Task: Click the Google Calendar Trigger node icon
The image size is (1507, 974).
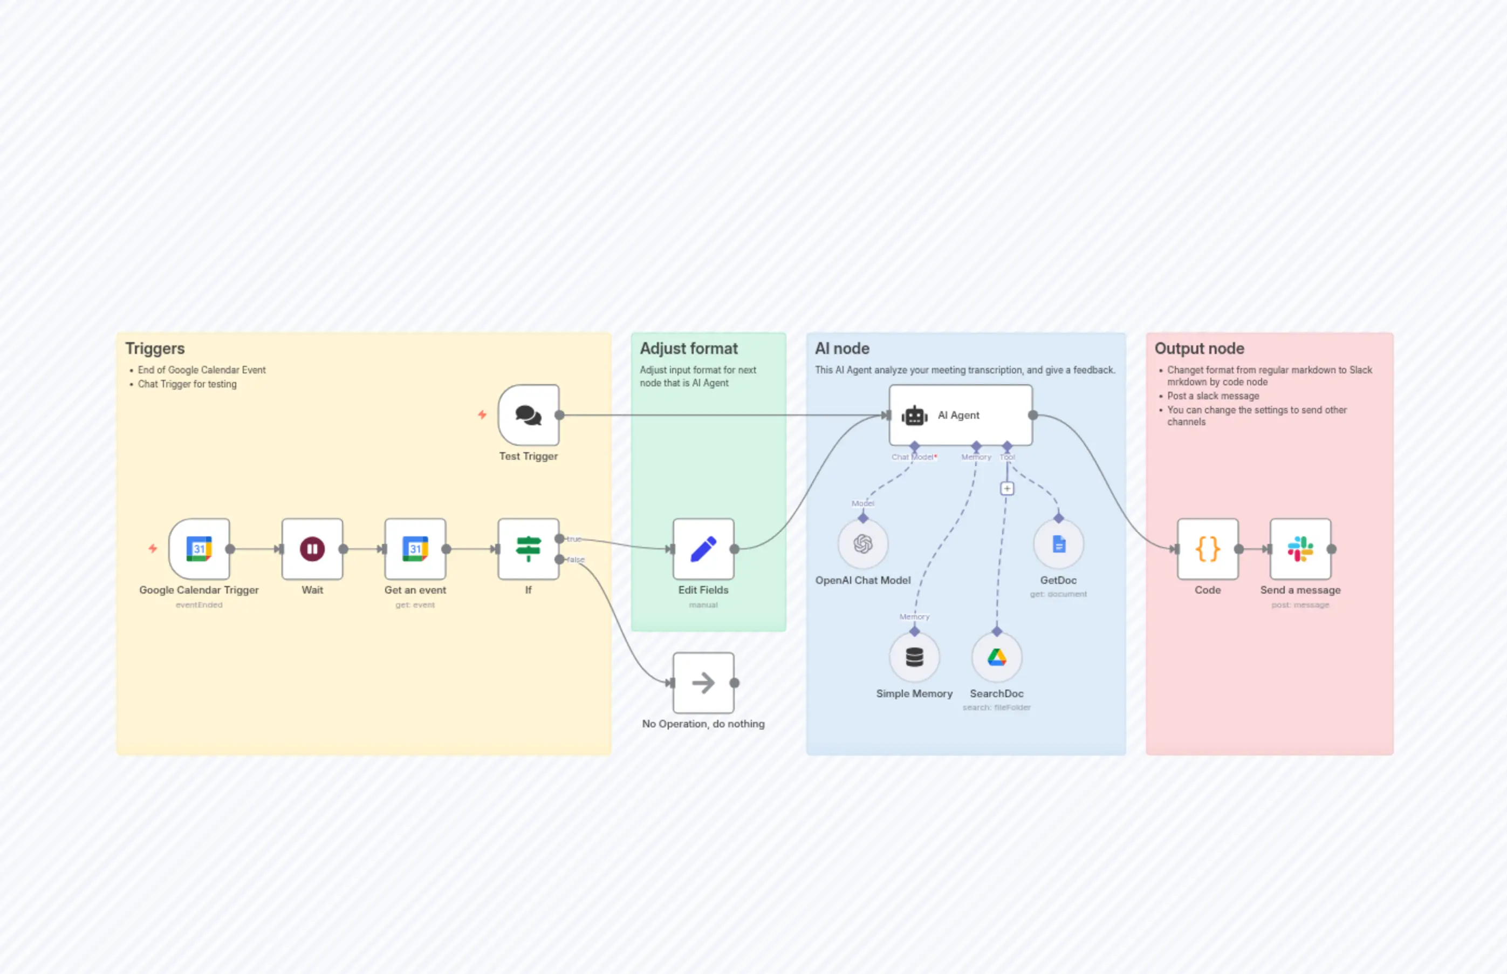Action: click(199, 548)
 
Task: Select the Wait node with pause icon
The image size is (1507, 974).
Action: click(312, 548)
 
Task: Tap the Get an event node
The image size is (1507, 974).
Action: click(415, 548)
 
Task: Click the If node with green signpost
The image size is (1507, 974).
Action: click(529, 548)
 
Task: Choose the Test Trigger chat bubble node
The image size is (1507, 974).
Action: click(529, 415)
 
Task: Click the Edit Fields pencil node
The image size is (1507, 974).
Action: click(703, 548)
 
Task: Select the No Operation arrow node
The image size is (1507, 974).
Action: click(703, 683)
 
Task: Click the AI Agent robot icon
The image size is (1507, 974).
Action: click(914, 416)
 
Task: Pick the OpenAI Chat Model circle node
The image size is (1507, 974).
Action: click(863, 544)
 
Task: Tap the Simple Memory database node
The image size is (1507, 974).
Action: click(914, 657)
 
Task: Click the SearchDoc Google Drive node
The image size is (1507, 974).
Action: click(997, 657)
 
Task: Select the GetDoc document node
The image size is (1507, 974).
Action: click(1058, 544)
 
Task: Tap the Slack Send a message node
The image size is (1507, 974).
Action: click(1300, 548)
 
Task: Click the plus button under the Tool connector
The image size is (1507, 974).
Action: click(1007, 488)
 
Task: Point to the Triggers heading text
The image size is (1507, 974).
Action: click(155, 349)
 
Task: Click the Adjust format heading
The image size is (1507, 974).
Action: click(688, 349)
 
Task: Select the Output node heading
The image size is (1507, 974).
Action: click(1199, 349)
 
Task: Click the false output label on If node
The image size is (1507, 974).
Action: click(576, 560)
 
